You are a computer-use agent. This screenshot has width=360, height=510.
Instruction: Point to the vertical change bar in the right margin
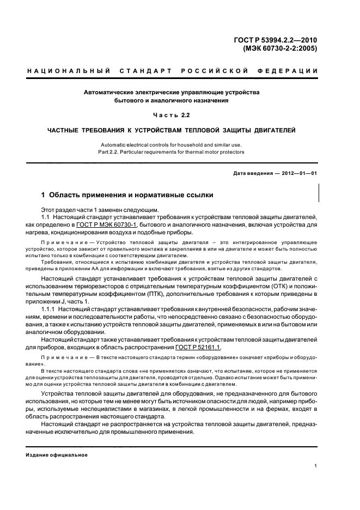tap(318, 194)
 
